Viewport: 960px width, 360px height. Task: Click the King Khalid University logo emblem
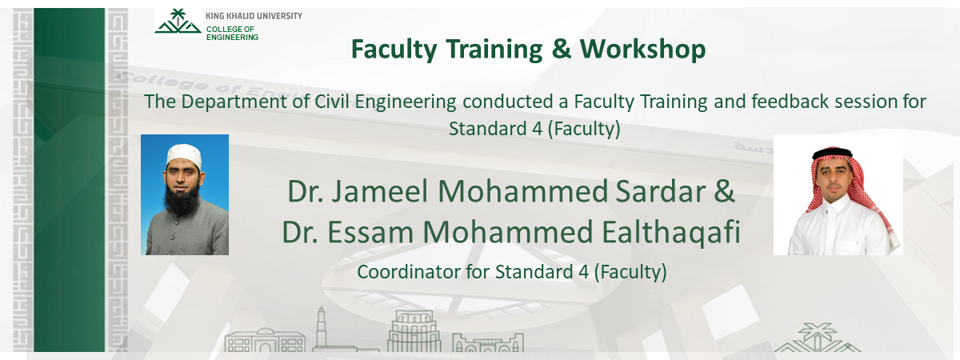click(178, 22)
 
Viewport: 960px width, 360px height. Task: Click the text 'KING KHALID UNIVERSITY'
click(254, 16)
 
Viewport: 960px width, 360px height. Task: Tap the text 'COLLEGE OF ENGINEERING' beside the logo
click(232, 33)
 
